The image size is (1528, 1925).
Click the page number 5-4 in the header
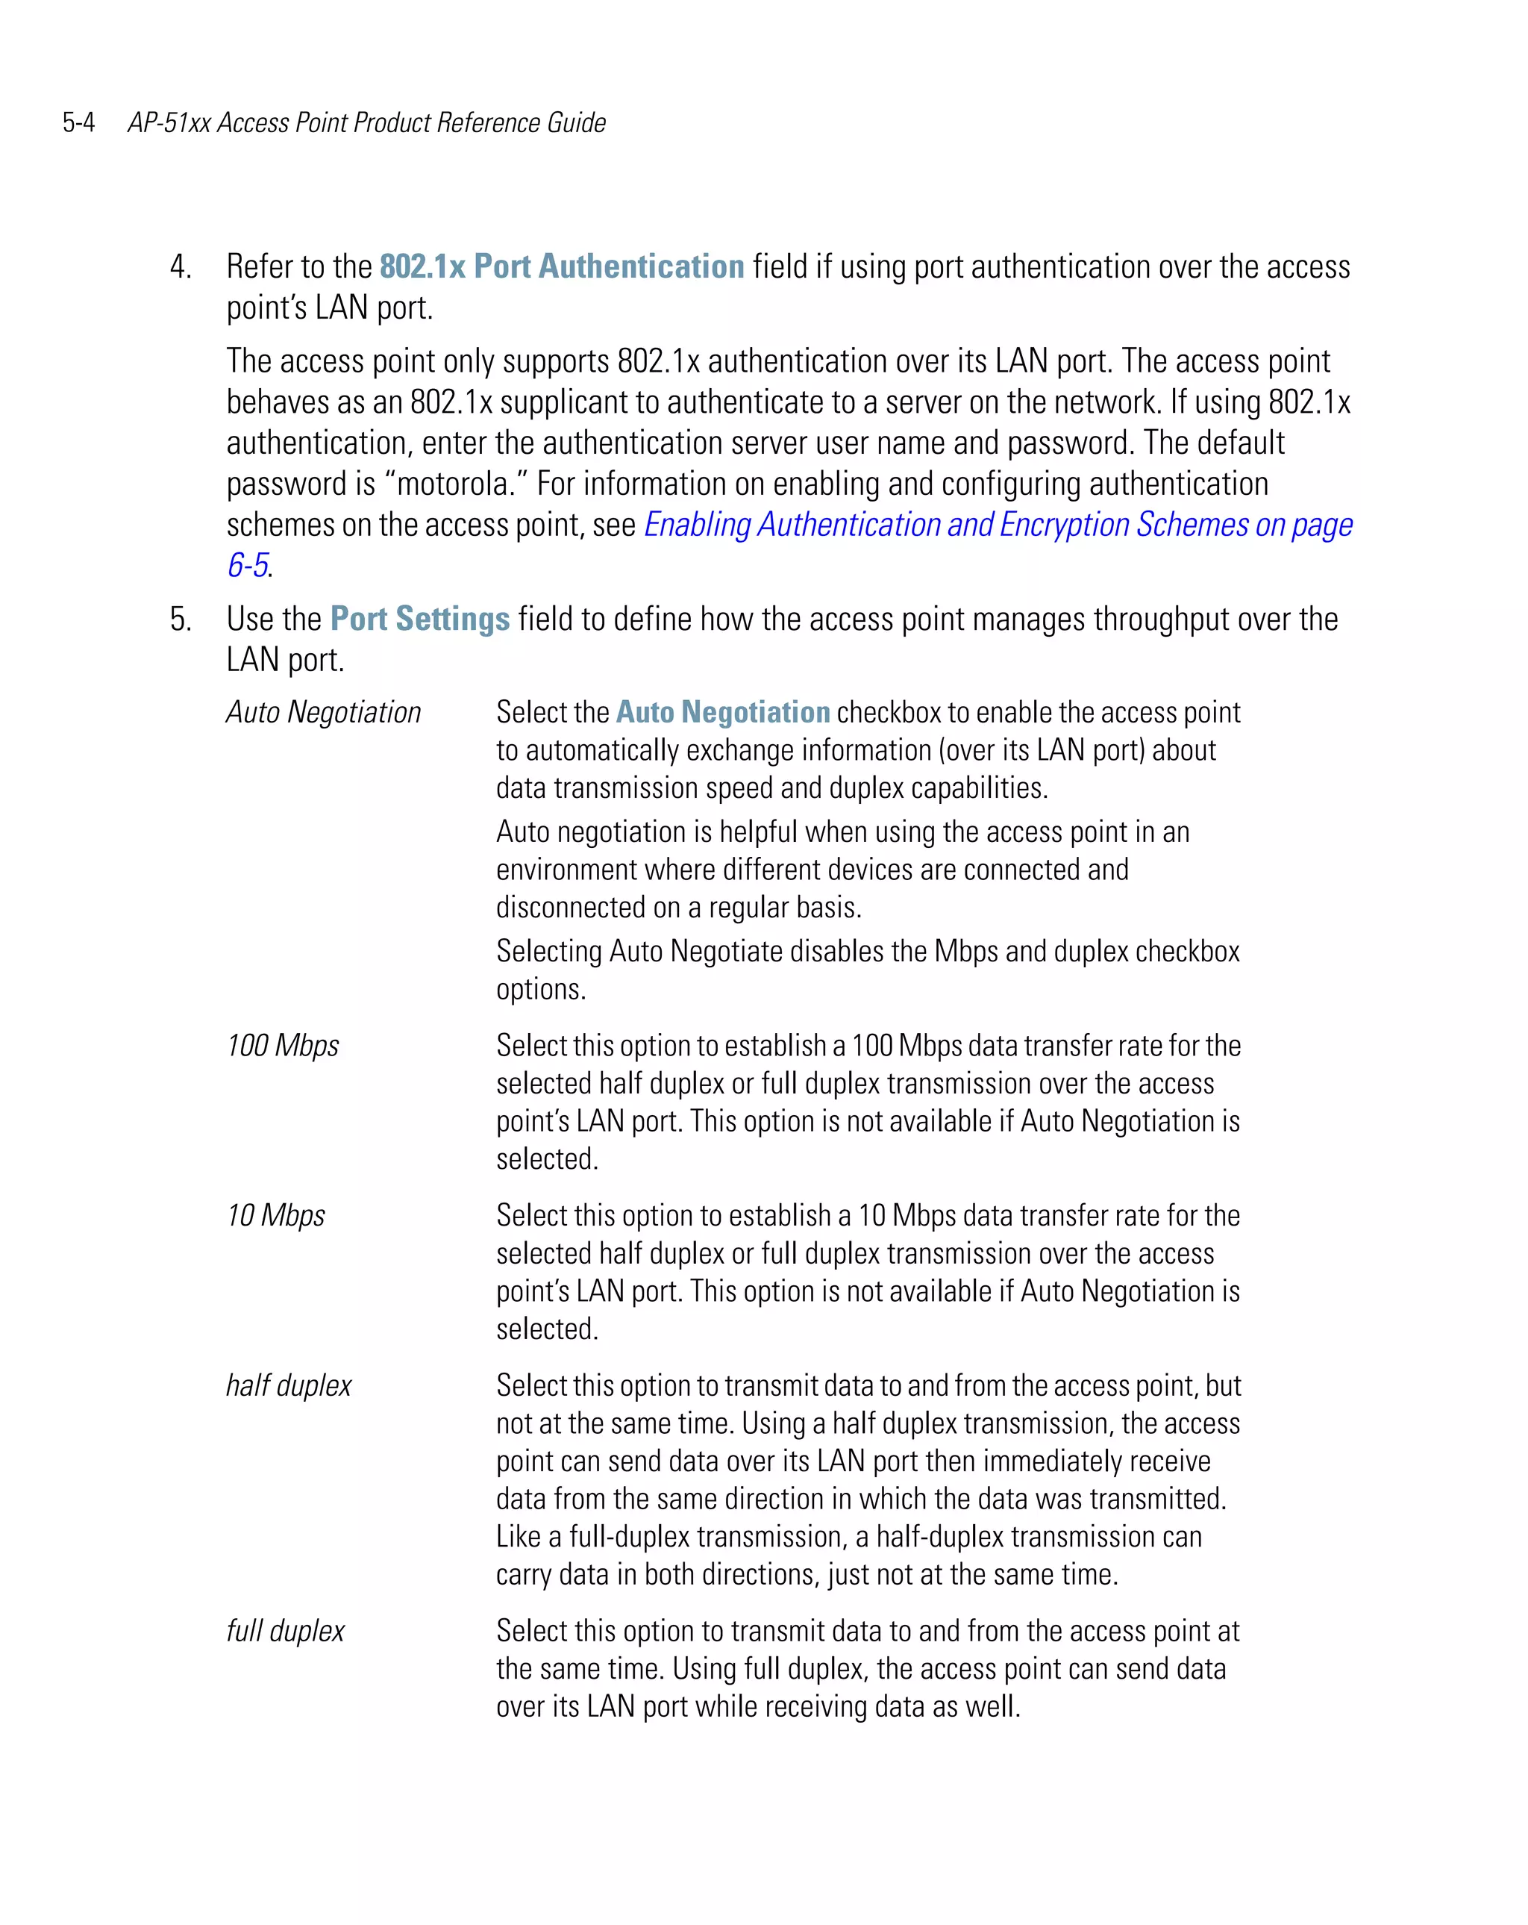(x=78, y=123)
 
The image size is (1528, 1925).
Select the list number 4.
(x=181, y=267)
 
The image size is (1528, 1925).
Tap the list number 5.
(x=181, y=620)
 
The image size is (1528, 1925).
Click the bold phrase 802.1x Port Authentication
(x=561, y=267)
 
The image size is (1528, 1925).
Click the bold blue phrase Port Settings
(x=419, y=620)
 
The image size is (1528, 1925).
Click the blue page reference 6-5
(x=247, y=565)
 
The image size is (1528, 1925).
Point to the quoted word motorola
(x=451, y=484)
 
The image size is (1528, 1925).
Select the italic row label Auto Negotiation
(x=323, y=713)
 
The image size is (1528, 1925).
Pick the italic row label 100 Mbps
(x=283, y=1046)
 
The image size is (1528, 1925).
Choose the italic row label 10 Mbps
(x=276, y=1216)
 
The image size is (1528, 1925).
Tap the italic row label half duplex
(x=288, y=1385)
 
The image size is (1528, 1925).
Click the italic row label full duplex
(x=285, y=1631)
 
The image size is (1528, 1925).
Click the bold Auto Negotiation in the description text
(x=723, y=713)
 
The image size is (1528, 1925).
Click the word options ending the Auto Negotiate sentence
(x=539, y=989)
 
